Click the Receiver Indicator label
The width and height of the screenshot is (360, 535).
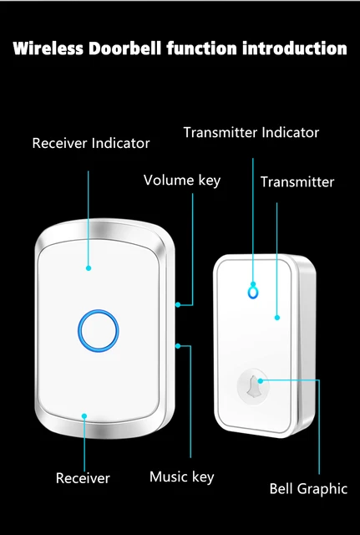[91, 143]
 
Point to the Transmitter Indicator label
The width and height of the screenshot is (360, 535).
[251, 132]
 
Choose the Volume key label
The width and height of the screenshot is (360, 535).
[182, 180]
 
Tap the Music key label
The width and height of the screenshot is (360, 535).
[181, 476]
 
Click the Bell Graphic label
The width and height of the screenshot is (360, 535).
[308, 488]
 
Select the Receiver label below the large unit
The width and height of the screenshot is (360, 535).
[83, 478]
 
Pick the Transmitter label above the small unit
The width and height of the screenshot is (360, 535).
[297, 181]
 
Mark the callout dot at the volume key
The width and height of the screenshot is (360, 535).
[177, 304]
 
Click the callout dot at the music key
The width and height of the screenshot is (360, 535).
[177, 344]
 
